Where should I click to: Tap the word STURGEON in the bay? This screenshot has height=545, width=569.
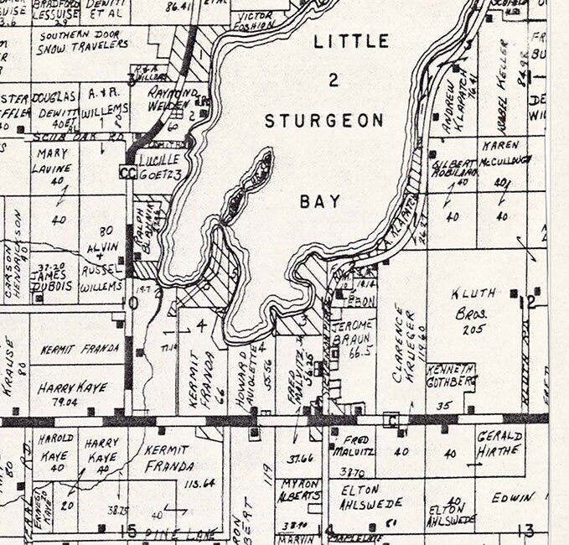pyautogui.click(x=324, y=121)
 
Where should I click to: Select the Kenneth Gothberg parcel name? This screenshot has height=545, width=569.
pyautogui.click(x=453, y=374)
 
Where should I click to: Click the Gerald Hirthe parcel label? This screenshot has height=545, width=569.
pyautogui.click(x=499, y=443)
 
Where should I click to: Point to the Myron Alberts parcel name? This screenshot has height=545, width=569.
pyautogui.click(x=299, y=489)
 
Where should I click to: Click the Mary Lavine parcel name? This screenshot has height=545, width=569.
pyautogui.click(x=52, y=160)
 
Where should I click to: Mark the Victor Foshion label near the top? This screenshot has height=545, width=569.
pyautogui.click(x=256, y=19)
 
